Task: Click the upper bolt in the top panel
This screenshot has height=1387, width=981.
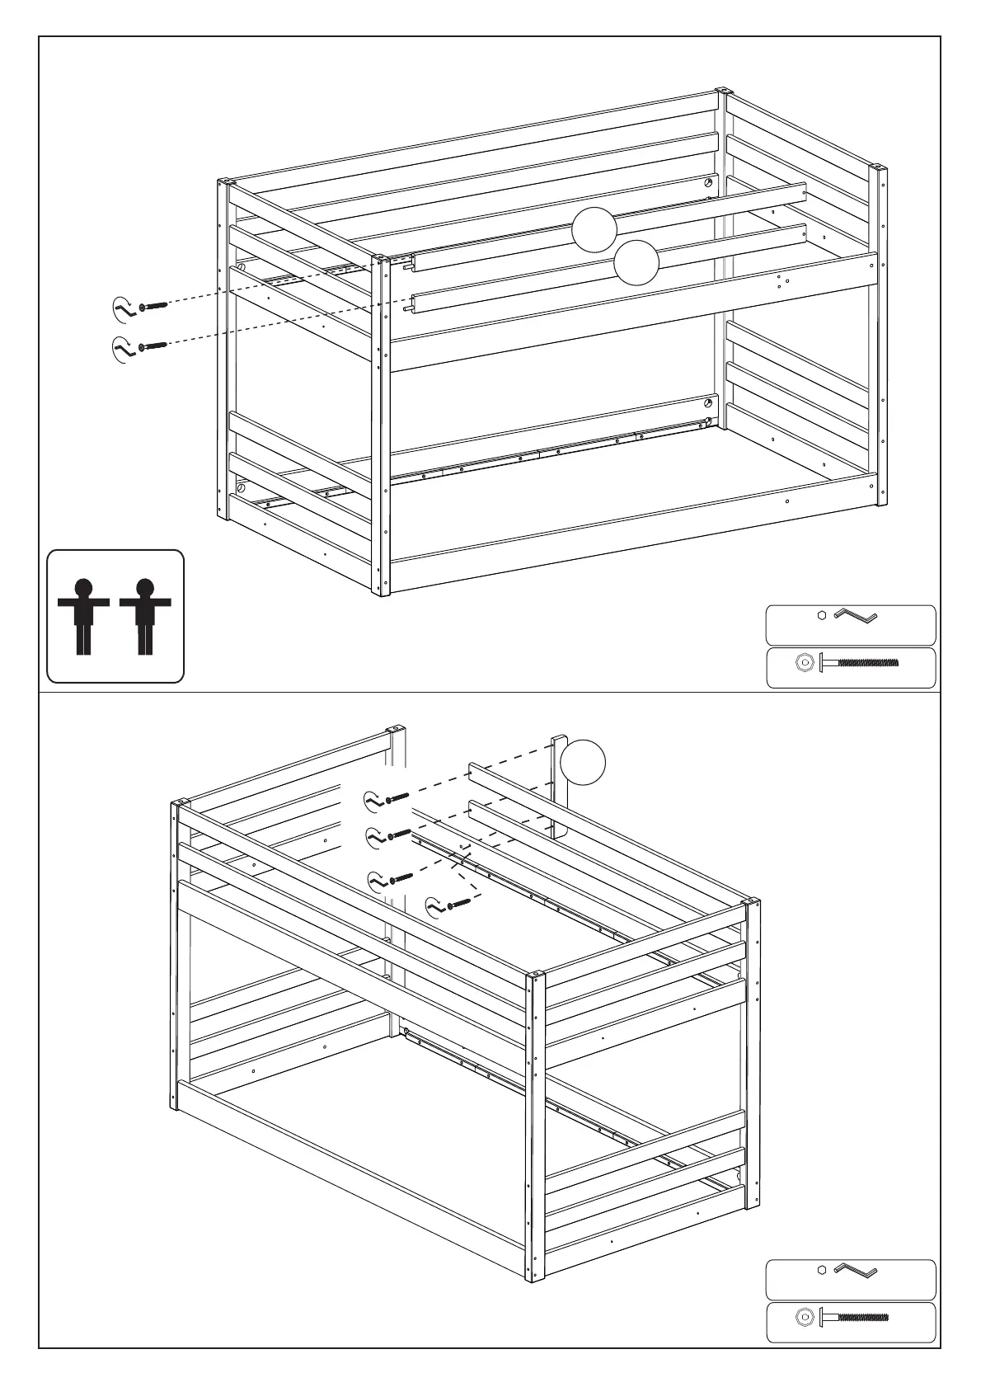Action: coord(153,306)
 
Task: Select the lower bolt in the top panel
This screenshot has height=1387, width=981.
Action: coord(153,346)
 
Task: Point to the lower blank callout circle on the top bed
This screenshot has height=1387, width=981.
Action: coord(636,262)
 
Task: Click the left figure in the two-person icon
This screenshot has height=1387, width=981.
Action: coord(83,615)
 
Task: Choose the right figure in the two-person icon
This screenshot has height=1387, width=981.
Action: coord(145,615)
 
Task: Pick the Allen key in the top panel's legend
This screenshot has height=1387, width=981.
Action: coord(856,615)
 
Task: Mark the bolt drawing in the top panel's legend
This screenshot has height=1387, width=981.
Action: coord(857,662)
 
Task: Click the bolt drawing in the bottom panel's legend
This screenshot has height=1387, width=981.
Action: coord(853,1318)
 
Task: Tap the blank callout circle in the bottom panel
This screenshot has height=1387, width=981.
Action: coord(583,763)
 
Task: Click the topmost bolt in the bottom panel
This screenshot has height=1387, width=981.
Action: coord(397,797)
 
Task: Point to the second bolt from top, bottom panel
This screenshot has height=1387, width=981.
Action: coord(398,835)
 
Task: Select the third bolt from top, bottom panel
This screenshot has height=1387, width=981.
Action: coord(401,877)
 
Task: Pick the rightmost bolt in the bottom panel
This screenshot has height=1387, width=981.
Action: coord(458,905)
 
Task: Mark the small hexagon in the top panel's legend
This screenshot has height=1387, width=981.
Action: coord(821,614)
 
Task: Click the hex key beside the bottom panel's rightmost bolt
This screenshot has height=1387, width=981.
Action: coord(435,908)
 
